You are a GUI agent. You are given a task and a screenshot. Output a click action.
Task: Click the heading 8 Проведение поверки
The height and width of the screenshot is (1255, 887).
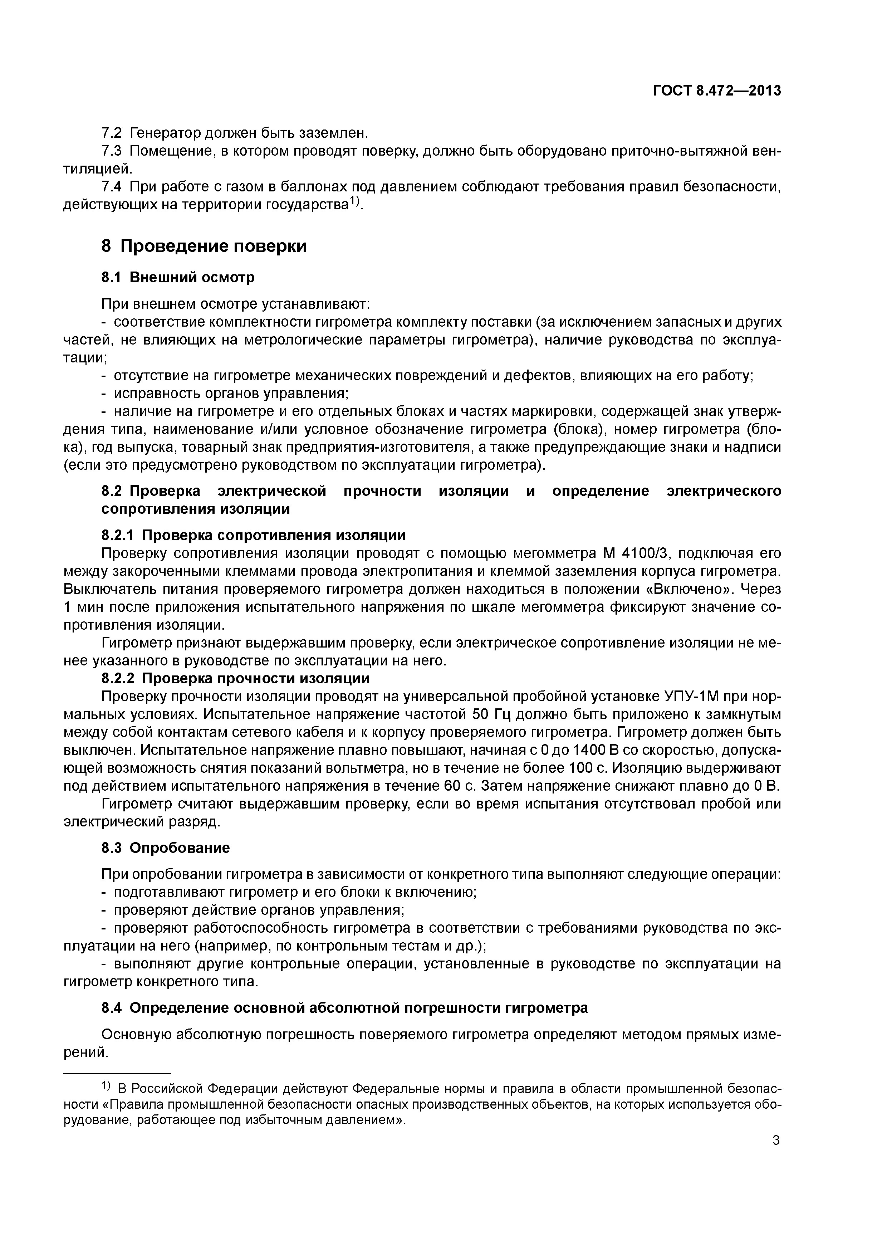[204, 246]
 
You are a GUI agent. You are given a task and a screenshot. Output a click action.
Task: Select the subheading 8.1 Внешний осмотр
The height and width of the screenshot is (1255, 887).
[178, 277]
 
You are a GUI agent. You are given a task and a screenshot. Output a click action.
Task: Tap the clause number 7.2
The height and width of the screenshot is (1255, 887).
[112, 133]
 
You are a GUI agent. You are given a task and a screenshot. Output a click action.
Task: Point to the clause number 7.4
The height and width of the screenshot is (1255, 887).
[112, 187]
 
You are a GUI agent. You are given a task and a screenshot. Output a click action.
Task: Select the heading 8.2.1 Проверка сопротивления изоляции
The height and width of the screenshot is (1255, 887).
[254, 534]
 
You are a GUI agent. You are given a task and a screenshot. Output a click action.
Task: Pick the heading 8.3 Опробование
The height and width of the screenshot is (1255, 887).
[166, 848]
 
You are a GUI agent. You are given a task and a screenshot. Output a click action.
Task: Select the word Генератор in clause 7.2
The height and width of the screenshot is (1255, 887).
[165, 133]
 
